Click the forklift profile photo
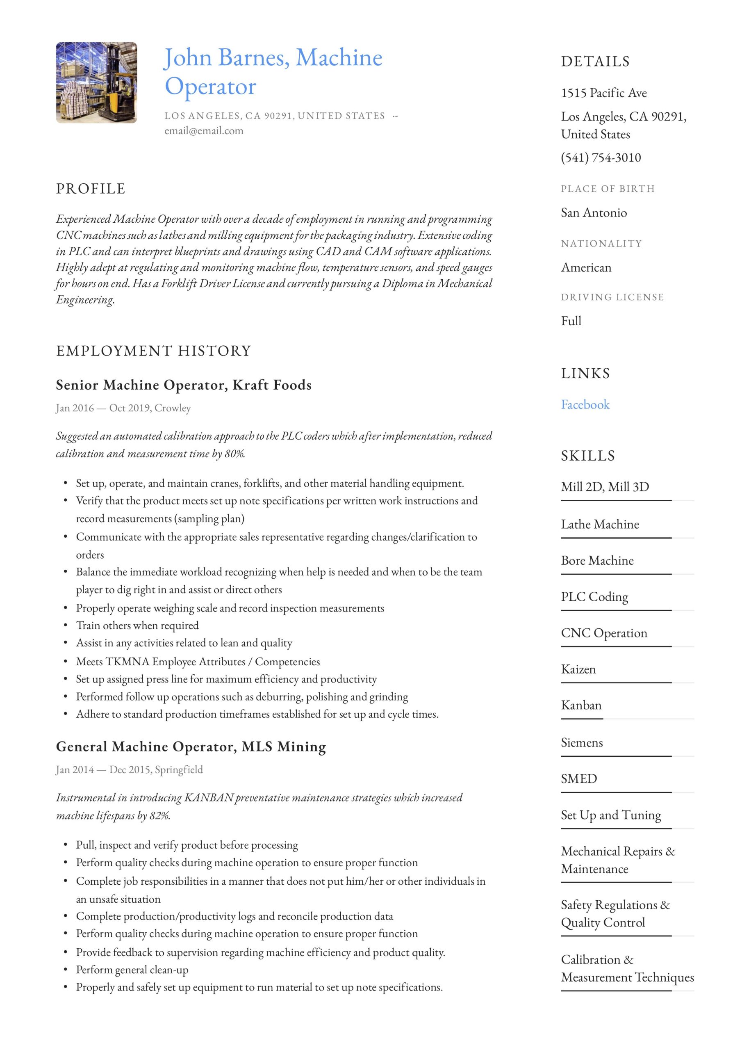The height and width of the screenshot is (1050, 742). (96, 83)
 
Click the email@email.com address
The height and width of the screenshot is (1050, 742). (204, 131)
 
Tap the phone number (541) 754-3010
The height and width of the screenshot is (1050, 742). (601, 158)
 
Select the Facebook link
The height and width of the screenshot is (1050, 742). (585, 405)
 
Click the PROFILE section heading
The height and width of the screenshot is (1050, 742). (91, 189)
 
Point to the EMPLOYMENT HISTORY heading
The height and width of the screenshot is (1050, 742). (154, 351)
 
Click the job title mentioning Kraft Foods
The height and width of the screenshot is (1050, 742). (183, 385)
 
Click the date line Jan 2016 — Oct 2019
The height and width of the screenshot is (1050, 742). (123, 408)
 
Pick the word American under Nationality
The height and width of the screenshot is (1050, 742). (586, 267)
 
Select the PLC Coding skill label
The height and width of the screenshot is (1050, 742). (594, 597)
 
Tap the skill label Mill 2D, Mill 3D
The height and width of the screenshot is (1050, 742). (605, 487)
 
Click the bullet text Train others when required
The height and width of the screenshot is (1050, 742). (137, 625)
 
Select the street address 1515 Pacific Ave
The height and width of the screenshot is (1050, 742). (604, 93)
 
